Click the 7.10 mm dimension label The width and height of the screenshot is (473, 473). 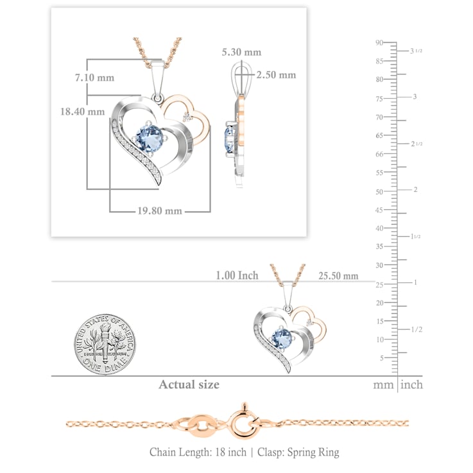(95, 78)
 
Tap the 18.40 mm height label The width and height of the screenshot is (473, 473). (83, 112)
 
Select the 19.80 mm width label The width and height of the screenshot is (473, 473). (160, 211)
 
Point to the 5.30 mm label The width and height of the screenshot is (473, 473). (241, 52)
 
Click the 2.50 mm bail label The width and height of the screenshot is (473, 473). (277, 75)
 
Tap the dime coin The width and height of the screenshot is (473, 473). (105, 344)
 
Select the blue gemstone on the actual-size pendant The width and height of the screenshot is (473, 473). (282, 338)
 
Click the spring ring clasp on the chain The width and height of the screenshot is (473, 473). (244, 422)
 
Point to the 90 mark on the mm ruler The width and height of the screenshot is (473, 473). (379, 42)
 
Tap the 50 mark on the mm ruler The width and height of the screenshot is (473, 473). (379, 192)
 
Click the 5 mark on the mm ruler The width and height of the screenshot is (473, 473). (382, 358)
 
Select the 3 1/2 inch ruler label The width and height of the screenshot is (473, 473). (416, 51)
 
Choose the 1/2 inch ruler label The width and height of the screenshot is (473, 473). (417, 329)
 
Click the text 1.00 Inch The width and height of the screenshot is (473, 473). (237, 275)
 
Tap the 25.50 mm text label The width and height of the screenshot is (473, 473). (338, 276)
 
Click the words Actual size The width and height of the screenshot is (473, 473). (189, 384)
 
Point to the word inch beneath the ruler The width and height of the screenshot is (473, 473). (411, 385)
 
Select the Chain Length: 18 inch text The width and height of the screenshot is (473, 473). (198, 452)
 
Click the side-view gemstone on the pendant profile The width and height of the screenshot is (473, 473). (229, 139)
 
